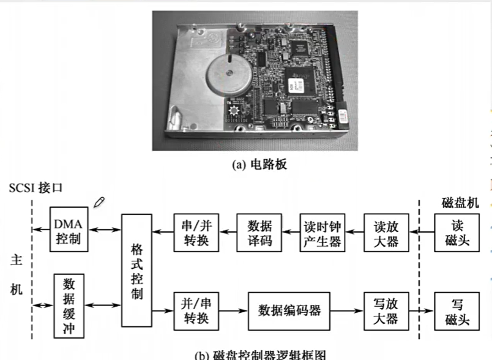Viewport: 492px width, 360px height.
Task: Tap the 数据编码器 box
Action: (x=289, y=310)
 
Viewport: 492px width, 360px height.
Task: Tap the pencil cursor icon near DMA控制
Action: (x=99, y=203)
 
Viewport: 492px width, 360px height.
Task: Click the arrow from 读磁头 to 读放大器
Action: (x=420, y=232)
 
